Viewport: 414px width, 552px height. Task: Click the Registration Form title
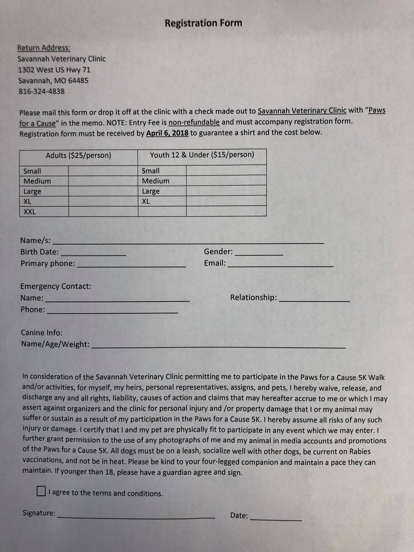tap(203, 23)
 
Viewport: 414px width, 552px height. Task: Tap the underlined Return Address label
tap(44, 48)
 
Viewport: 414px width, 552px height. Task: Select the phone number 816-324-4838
tap(42, 91)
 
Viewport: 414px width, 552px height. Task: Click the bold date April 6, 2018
tap(167, 133)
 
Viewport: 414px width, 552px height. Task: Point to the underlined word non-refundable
tap(194, 122)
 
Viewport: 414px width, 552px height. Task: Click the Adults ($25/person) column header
tap(79, 156)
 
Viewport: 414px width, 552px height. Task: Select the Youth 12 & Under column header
tap(202, 155)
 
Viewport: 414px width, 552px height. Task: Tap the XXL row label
tap(30, 212)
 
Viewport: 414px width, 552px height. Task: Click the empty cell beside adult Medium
tap(103, 181)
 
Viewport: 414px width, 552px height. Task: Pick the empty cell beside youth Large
tap(226, 191)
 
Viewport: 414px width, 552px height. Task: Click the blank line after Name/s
tap(188, 241)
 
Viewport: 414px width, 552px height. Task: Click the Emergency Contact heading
tap(56, 286)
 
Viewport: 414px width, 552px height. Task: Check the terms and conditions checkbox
tap(41, 491)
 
